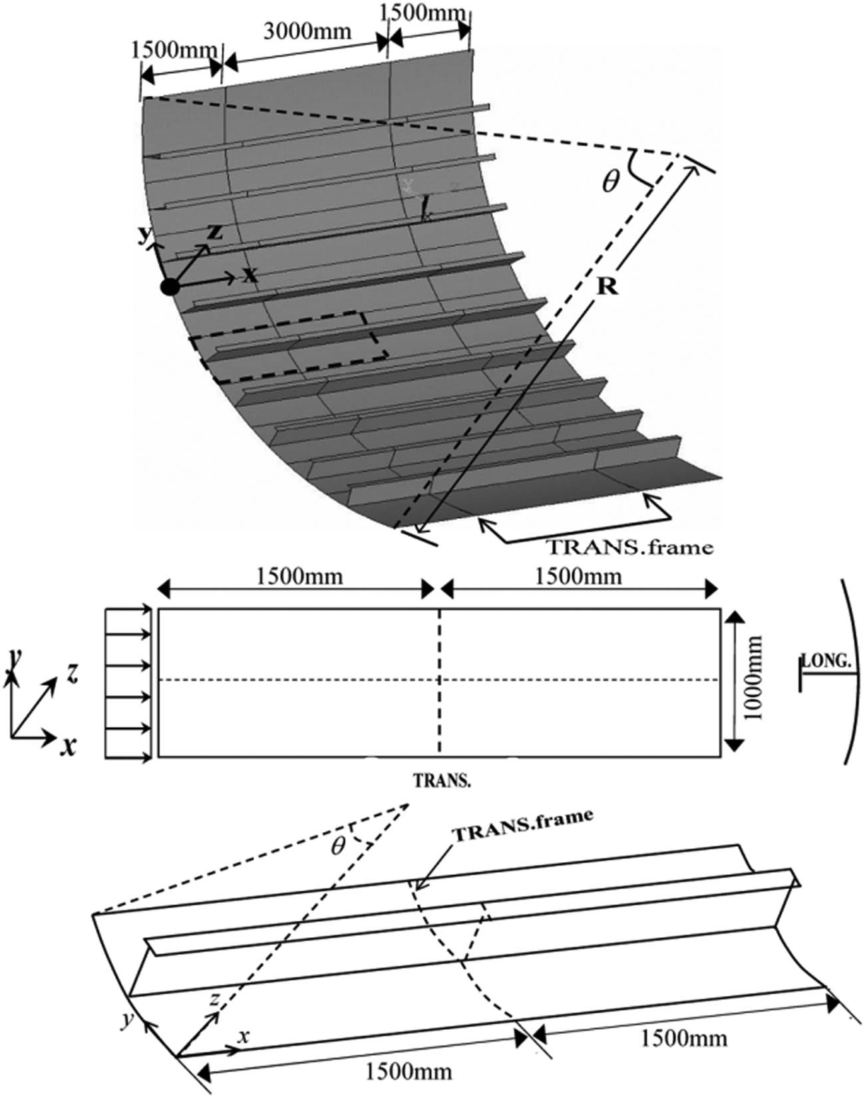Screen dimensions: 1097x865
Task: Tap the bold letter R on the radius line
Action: (x=607, y=287)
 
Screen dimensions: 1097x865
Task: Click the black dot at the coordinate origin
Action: (x=170, y=287)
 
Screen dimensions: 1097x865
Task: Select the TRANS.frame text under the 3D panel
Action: (x=629, y=548)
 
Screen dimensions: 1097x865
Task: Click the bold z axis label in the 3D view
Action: (x=214, y=232)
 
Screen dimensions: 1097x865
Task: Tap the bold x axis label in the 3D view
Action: (x=250, y=274)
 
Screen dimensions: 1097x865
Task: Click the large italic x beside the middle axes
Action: (x=67, y=746)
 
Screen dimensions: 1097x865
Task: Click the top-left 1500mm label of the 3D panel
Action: (x=174, y=50)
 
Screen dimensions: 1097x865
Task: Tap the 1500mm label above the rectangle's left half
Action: (x=299, y=575)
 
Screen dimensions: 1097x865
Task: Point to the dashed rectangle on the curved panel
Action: (x=287, y=347)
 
